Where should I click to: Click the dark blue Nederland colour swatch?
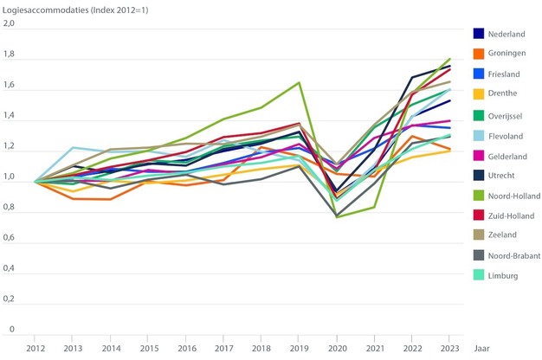pyautogui.click(x=478, y=34)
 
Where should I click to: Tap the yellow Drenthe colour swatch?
pyautogui.click(x=478, y=93)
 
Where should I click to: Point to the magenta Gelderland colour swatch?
pyautogui.click(x=478, y=154)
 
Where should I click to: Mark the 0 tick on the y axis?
pyautogui.click(x=12, y=329)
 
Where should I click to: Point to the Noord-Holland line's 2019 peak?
pyautogui.click(x=300, y=83)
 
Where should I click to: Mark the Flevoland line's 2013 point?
pyautogui.click(x=73, y=148)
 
